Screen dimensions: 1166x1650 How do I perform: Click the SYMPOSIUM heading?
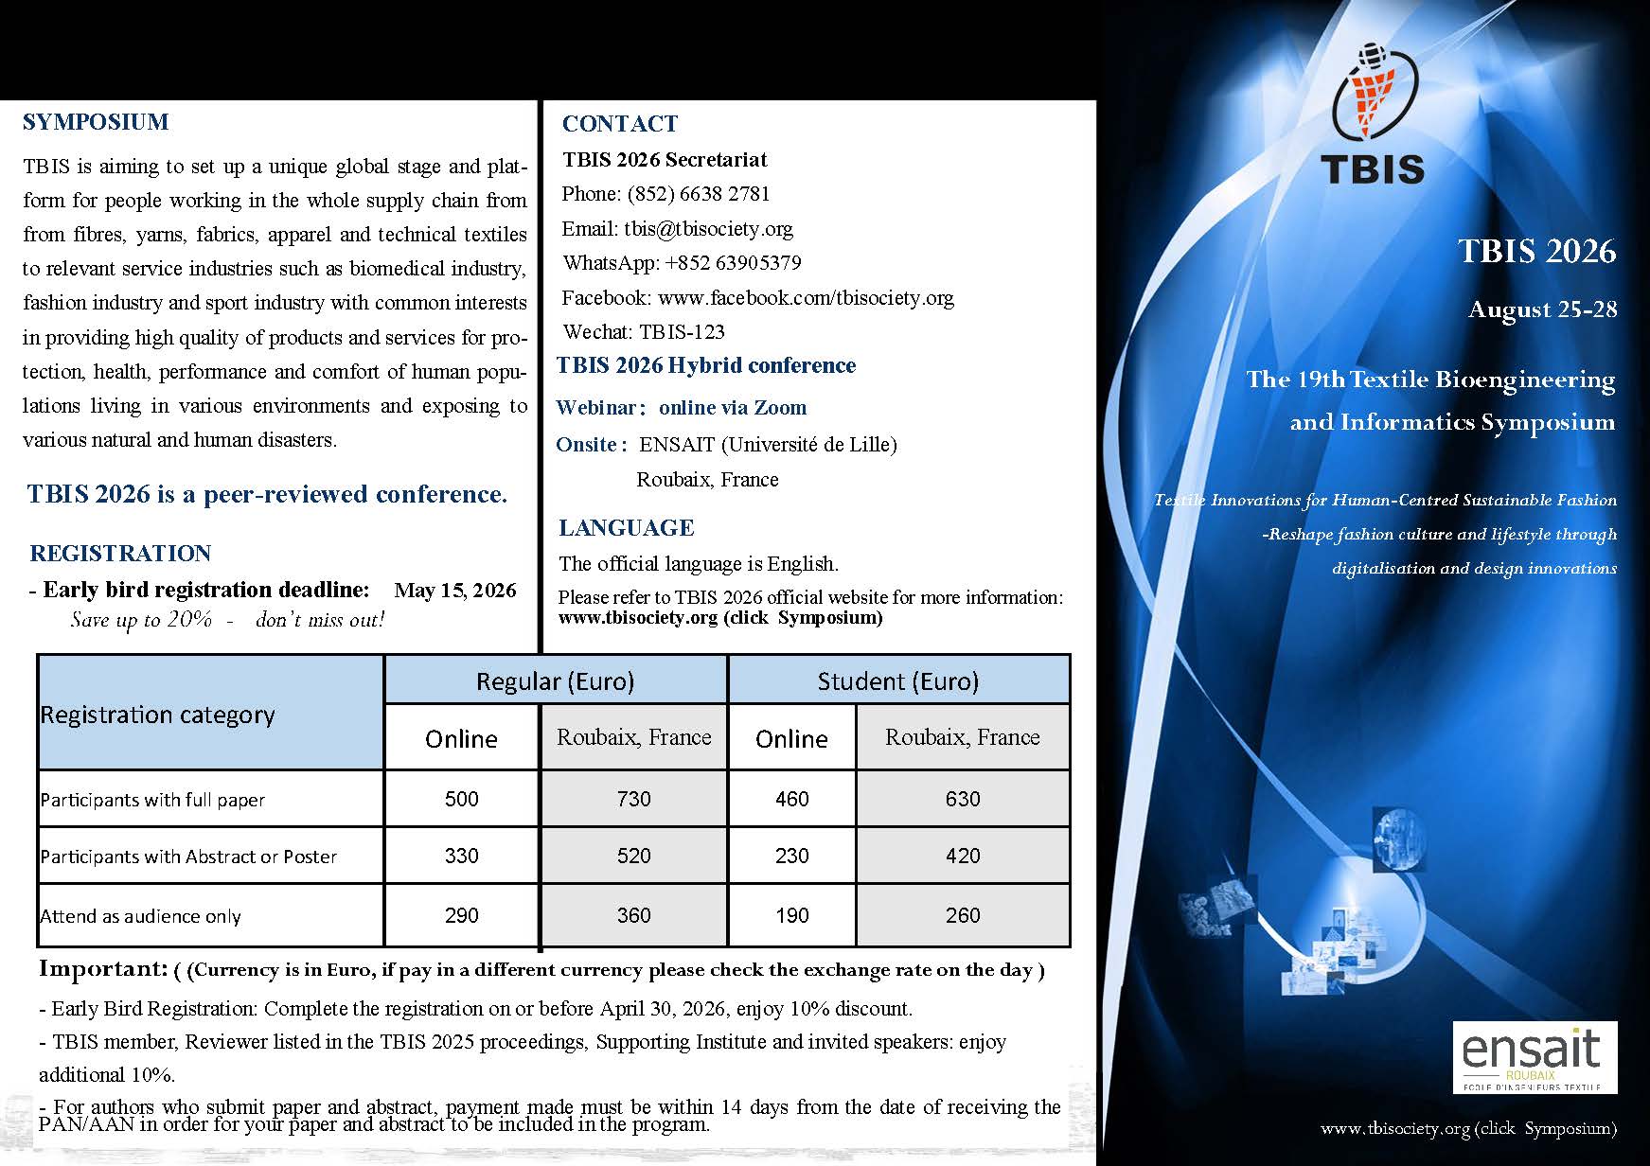click(96, 122)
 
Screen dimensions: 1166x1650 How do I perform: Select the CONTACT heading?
click(620, 124)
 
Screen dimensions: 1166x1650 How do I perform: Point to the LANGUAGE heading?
click(626, 528)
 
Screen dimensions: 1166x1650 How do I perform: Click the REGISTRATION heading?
click(120, 554)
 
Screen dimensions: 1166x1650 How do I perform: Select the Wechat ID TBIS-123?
click(682, 331)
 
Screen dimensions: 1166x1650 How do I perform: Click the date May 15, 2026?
click(455, 591)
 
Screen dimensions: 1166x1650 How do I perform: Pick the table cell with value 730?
click(633, 799)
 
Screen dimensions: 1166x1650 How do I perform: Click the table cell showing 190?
click(791, 915)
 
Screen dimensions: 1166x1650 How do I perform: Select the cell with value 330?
click(461, 856)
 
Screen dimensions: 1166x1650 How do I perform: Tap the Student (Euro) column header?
click(897, 681)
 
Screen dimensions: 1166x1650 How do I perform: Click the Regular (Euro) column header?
click(555, 681)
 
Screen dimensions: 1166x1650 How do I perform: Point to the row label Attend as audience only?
click(141, 916)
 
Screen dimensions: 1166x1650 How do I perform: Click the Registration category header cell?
click(158, 715)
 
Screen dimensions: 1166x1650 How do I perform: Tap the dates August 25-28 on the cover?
click(1542, 309)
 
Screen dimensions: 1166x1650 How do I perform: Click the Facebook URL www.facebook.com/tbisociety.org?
click(806, 298)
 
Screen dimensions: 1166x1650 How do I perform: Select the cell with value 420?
click(962, 856)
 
